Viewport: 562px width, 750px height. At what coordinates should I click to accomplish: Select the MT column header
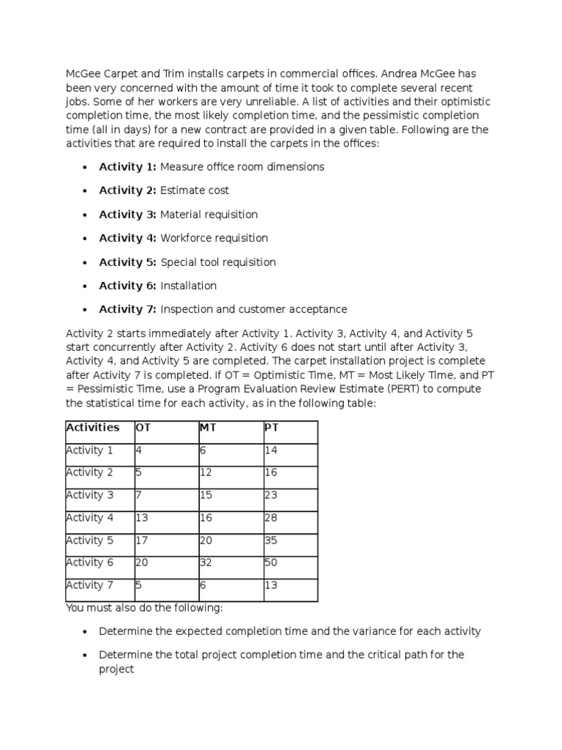(207, 427)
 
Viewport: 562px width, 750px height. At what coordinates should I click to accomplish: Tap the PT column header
(271, 427)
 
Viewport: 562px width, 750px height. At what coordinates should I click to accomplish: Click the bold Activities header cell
(93, 427)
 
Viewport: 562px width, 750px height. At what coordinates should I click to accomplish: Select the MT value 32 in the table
(206, 562)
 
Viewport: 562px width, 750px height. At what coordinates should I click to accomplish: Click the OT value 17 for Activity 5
(142, 540)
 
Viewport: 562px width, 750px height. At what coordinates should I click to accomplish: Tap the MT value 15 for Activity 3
(206, 495)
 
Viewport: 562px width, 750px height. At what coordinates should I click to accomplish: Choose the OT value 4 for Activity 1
(139, 450)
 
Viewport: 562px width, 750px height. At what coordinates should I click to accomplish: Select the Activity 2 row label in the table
(90, 472)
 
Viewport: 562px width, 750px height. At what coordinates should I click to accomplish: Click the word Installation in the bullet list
(189, 286)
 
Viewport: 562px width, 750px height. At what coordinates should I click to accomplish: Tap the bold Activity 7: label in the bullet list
(128, 309)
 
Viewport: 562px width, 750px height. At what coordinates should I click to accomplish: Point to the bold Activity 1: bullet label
(128, 167)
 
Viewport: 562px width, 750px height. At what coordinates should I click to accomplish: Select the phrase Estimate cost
(195, 190)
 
